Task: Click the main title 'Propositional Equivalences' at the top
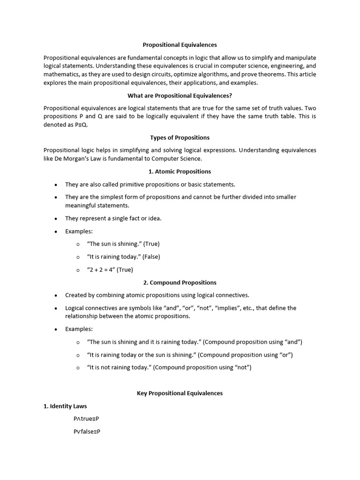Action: [180, 45]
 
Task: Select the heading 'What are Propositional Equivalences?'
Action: [180, 96]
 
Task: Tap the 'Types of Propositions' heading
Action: [180, 138]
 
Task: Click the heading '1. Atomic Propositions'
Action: [180, 172]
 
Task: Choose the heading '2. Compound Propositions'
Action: [180, 283]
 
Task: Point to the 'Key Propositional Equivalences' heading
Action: [180, 393]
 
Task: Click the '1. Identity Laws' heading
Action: [65, 406]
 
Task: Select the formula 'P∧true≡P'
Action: [86, 419]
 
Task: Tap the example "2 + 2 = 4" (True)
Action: [110, 270]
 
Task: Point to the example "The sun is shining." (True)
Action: [123, 244]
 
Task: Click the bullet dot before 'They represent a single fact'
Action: [56, 219]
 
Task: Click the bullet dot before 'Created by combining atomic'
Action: [56, 296]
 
